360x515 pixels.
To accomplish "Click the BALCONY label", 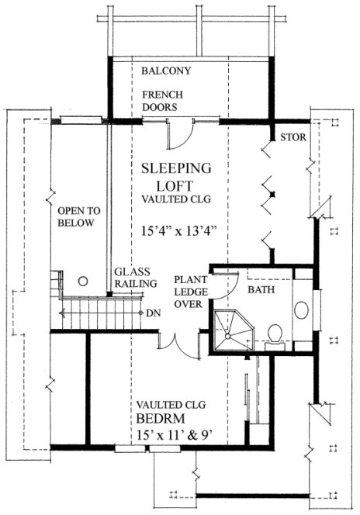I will pos(166,71).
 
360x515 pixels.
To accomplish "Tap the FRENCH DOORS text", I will pos(161,100).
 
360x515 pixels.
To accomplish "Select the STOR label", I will pos(296,138).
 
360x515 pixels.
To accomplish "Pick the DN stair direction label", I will pos(152,313).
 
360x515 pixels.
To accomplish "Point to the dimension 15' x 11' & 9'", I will pos(173,434).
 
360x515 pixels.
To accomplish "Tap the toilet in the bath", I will pos(273,333).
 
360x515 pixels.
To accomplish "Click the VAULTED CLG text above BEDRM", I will pos(166,405).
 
